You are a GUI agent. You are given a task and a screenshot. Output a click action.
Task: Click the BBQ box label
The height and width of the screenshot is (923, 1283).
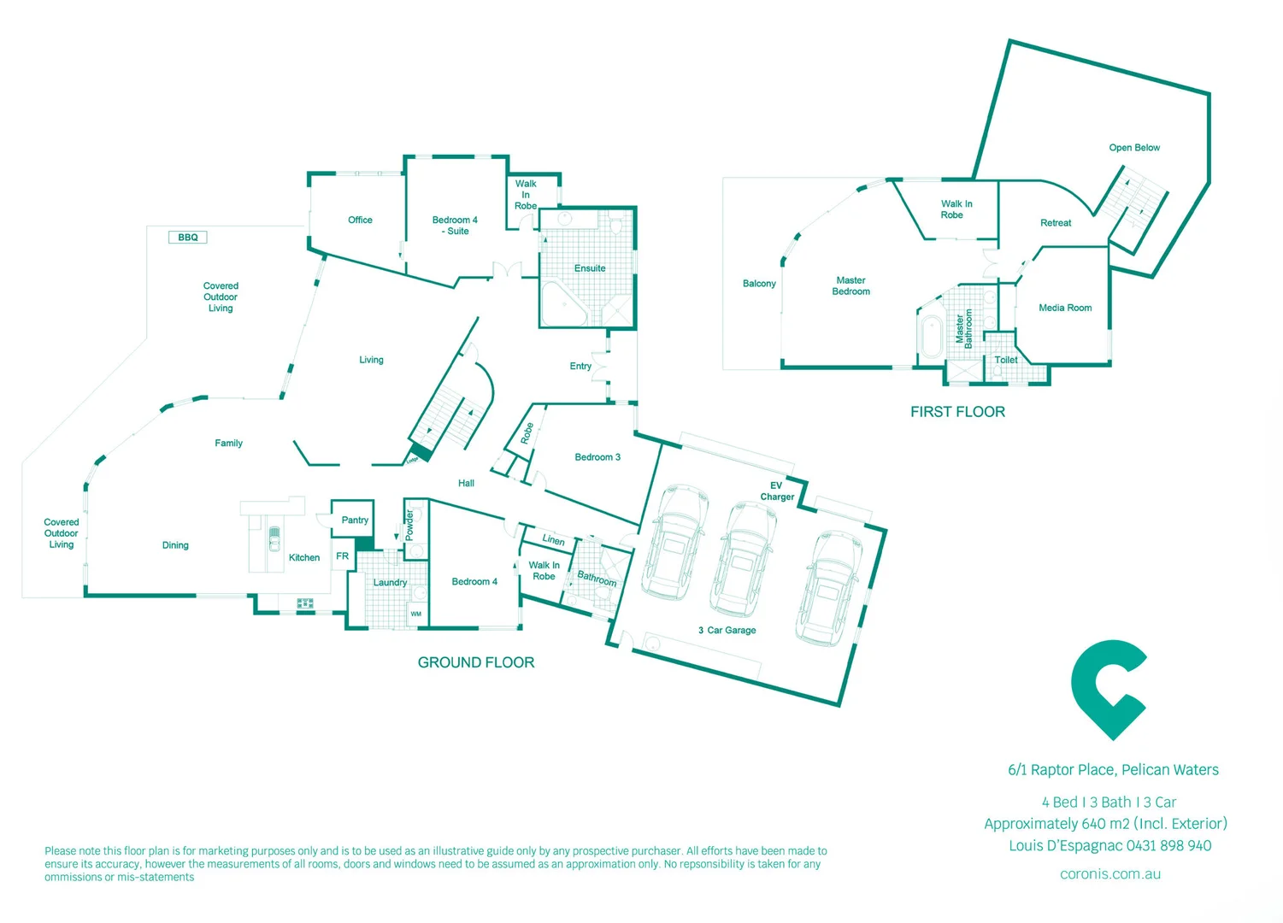click(188, 238)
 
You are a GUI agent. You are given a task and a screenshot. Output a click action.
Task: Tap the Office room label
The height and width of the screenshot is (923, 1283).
click(360, 220)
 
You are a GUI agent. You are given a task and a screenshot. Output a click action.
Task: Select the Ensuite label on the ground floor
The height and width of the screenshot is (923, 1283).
click(590, 268)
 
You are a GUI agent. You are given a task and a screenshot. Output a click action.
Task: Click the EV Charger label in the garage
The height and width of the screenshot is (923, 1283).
click(777, 491)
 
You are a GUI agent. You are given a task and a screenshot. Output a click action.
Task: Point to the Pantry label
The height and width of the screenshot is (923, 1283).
click(355, 520)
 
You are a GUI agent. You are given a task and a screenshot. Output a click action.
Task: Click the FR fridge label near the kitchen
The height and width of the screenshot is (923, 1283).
click(342, 556)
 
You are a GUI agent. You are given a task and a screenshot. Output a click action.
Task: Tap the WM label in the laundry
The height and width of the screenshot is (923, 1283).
click(416, 614)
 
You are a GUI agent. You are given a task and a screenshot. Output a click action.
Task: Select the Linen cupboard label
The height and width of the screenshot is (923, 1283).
click(553, 540)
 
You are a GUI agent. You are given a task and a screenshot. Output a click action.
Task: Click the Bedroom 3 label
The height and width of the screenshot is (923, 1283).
click(597, 457)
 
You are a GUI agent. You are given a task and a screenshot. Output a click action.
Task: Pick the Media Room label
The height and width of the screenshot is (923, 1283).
click(1065, 308)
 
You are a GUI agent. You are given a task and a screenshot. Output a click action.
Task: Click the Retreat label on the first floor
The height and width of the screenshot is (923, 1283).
click(1056, 223)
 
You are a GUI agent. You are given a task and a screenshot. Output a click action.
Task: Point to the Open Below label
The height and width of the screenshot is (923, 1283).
click(1134, 148)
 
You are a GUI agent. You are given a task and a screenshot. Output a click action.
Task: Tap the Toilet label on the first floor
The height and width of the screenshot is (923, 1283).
click(1006, 360)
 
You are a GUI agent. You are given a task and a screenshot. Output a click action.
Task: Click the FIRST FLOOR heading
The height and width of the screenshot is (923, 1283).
click(957, 412)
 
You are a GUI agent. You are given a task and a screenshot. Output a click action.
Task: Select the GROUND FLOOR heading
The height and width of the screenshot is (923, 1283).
click(476, 662)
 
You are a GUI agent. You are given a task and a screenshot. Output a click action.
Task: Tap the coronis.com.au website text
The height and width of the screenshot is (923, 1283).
click(1110, 874)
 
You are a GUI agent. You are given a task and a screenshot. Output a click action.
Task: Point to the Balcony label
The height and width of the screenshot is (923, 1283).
click(759, 284)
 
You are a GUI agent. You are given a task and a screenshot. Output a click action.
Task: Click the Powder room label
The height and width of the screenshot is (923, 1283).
click(409, 525)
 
